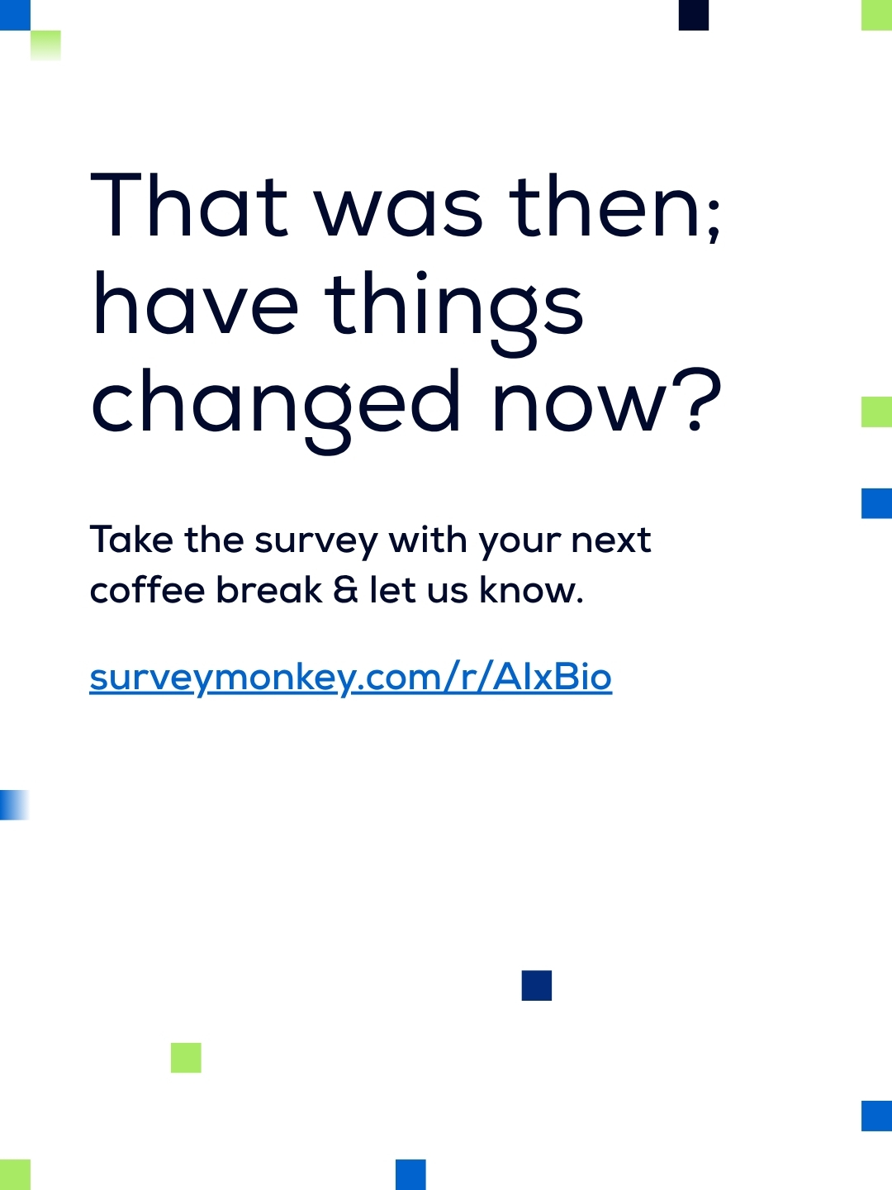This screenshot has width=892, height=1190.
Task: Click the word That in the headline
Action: coord(188,205)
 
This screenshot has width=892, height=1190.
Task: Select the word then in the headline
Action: coord(605,206)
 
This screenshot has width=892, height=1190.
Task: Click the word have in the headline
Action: coord(195,303)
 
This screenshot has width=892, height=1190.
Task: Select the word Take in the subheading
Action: coord(131,539)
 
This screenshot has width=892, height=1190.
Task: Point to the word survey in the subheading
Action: coord(316,543)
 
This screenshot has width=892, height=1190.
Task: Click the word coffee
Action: coord(147,589)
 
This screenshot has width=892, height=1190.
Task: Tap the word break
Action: coord(269,589)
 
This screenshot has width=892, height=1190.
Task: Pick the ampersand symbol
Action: coord(345,589)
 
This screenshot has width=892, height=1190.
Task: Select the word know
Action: coord(525,589)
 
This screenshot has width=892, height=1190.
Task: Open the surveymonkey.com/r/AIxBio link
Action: coord(351,678)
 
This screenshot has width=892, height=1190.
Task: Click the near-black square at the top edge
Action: coord(694,15)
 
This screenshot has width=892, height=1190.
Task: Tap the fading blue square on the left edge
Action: coord(15,805)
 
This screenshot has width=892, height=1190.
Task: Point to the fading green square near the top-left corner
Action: coord(45,45)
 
